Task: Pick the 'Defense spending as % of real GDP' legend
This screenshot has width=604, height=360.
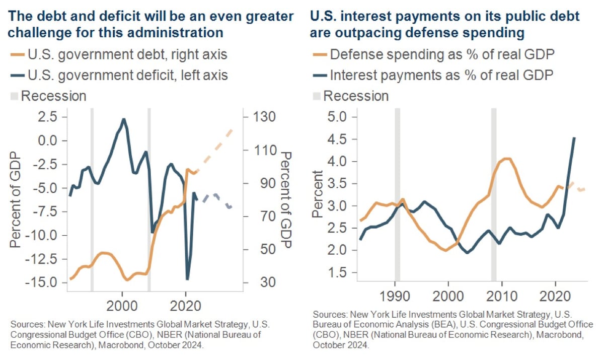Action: [437, 54]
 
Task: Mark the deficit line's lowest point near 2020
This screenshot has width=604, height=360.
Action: [187, 279]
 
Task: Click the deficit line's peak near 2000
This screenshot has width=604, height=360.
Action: [124, 119]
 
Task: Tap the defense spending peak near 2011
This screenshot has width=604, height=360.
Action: [507, 159]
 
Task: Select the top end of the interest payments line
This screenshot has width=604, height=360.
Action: [574, 138]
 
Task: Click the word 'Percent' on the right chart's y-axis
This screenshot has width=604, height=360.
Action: [318, 194]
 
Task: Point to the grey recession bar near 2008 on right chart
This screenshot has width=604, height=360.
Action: [494, 201]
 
